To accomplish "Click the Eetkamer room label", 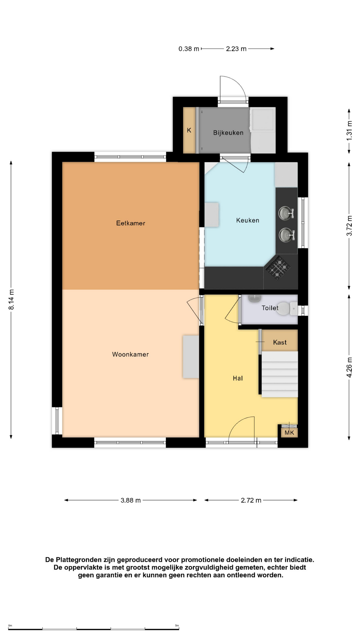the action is click(130, 223).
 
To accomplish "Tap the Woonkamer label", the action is click(130, 354).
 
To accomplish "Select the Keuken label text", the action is click(247, 220).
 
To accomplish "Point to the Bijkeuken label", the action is click(228, 133).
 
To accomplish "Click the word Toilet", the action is click(270, 308).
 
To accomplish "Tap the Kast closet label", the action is click(280, 342).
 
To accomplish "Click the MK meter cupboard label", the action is click(289, 433).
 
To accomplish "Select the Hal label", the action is click(238, 378).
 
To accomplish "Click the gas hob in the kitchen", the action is click(278, 267).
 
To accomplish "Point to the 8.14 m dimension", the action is click(11, 299).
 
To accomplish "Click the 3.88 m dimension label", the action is click(131, 500).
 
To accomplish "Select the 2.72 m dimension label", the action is click(251, 500).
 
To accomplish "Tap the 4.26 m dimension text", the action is click(349, 367).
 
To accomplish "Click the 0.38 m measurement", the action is click(189, 49).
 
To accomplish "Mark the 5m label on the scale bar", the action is click(177, 626).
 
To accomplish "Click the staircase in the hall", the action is click(279, 374).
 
